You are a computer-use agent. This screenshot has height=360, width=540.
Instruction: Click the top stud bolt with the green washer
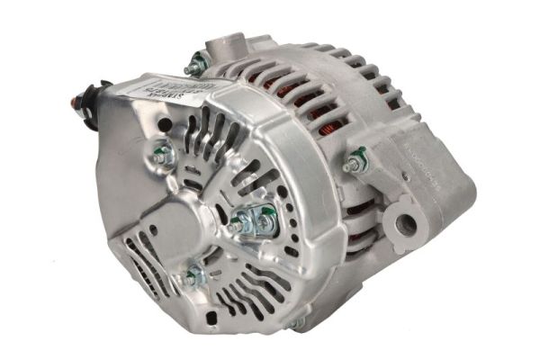coord(194,66)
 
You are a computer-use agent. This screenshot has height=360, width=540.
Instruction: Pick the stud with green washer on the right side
coord(353,165)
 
